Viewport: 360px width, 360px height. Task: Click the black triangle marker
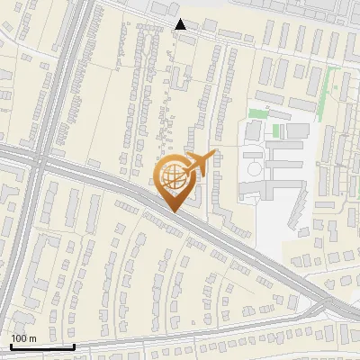click(x=181, y=24)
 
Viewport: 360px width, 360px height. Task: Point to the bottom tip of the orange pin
click(x=171, y=211)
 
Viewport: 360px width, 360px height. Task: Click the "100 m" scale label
click(x=23, y=338)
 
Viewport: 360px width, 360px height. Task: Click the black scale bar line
click(x=42, y=346)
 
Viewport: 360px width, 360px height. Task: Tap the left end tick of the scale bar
click(x=11, y=345)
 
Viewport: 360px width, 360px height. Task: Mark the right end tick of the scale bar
click(x=74, y=345)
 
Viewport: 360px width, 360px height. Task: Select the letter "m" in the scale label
click(x=32, y=338)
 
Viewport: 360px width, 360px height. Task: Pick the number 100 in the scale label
click(x=19, y=338)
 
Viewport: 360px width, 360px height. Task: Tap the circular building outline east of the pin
click(x=253, y=168)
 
